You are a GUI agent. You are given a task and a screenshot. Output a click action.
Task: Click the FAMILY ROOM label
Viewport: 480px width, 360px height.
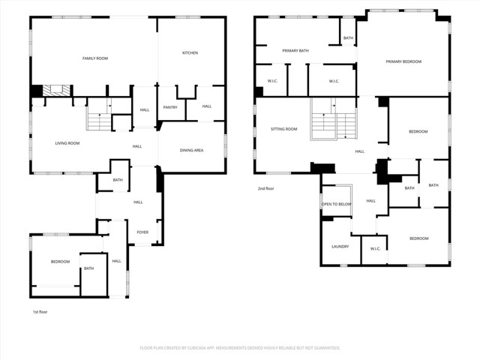tap(95, 58)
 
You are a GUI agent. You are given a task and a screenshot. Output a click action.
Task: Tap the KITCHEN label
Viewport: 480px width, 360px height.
tap(190, 52)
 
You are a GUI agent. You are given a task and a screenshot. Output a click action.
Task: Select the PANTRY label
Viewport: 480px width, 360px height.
tap(170, 107)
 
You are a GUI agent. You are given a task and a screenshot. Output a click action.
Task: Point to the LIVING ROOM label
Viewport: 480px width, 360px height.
tap(67, 142)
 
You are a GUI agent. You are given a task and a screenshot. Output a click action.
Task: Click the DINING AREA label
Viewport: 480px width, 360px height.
tap(191, 151)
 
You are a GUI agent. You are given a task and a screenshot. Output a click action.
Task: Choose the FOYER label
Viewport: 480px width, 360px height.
tap(142, 232)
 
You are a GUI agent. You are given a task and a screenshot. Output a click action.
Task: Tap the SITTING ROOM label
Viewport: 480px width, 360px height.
tap(283, 129)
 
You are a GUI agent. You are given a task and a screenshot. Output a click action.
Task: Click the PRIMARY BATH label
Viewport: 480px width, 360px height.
tap(295, 50)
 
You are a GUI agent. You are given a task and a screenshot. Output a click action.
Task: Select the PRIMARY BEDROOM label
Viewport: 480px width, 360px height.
tap(403, 61)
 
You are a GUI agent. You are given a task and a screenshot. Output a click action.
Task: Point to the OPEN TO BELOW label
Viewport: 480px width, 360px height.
tap(337, 204)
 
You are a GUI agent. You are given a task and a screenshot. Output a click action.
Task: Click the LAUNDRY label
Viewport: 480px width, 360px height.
tap(340, 246)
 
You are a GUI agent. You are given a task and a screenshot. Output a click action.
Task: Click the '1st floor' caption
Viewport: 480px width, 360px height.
tap(40, 311)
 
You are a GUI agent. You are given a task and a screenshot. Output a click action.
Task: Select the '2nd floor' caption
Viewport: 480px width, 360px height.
tap(265, 188)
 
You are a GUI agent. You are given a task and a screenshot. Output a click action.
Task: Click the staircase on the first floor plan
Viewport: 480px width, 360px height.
tap(99, 118)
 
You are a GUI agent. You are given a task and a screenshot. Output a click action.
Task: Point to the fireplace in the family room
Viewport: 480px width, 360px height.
tap(54, 90)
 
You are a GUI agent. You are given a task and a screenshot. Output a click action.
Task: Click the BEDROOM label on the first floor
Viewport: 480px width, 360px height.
tap(60, 262)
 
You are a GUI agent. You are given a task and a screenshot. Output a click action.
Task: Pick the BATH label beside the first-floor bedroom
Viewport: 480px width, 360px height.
tap(88, 268)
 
